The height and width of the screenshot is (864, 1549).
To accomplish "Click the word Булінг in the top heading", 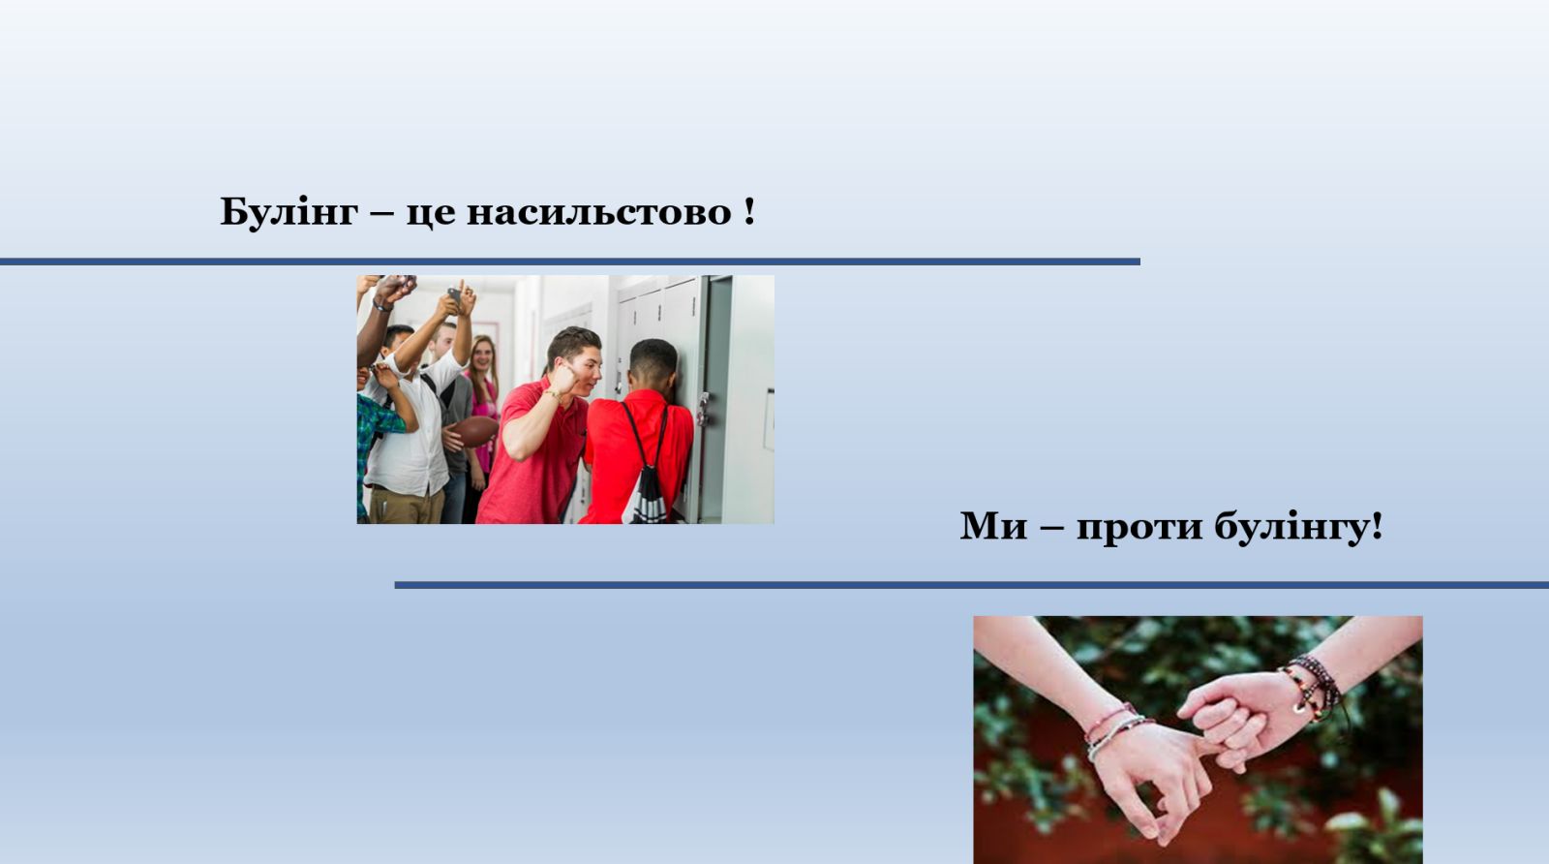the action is [289, 212].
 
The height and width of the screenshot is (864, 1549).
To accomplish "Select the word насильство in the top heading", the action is [599, 212].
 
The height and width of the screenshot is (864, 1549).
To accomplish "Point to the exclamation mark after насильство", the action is [749, 210].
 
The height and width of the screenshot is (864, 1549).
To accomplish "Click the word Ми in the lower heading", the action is [993, 526].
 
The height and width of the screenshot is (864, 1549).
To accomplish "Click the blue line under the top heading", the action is [570, 262].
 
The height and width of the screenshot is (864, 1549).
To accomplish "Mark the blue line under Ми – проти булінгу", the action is [972, 585].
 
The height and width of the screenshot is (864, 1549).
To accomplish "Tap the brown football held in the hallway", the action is [474, 431].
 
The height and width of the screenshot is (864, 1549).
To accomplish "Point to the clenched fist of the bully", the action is [564, 380].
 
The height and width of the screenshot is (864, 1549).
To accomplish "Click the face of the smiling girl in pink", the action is [482, 355].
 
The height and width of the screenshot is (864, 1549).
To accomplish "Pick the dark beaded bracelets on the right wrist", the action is [1314, 689].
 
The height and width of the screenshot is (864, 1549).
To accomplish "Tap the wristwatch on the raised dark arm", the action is [381, 304].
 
